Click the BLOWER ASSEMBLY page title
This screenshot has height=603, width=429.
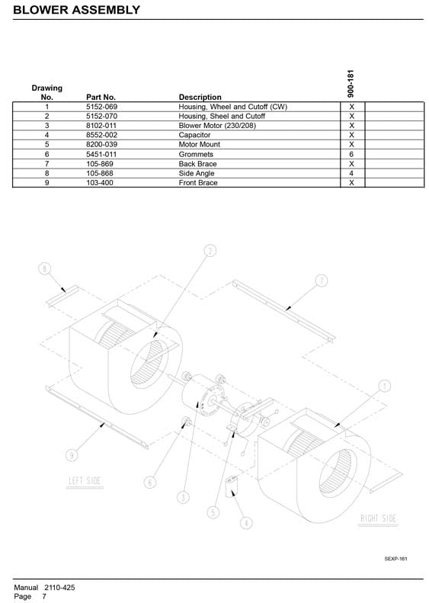76,10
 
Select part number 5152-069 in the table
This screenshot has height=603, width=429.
101,107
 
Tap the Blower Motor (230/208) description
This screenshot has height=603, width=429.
217,125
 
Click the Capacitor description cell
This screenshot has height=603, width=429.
194,135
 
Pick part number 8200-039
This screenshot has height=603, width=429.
101,144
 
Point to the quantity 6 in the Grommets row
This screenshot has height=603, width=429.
351,154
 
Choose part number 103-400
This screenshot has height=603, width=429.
100,183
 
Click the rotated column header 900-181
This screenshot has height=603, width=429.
351,83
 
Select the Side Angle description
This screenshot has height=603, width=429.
197,174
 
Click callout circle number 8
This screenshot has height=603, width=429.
45,268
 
